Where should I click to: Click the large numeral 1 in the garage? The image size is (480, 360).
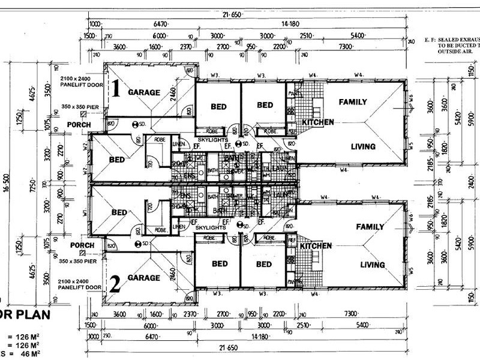tap(118, 90)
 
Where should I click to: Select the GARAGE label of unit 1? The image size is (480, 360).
tap(143, 92)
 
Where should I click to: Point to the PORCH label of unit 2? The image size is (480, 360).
tap(82, 245)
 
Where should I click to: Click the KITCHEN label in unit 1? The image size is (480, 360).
tap(317, 122)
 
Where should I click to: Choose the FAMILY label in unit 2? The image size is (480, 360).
tap(370, 227)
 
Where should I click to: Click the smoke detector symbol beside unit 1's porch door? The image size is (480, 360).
tap(138, 124)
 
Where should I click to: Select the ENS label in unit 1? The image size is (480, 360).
tap(188, 176)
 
